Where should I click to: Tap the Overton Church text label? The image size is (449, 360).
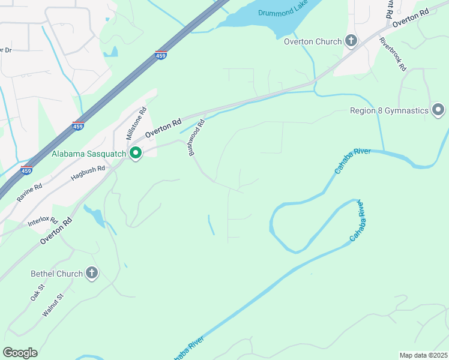click(313, 41)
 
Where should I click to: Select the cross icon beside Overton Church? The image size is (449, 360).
click(351, 41)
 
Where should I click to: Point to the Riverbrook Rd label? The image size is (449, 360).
click(393, 55)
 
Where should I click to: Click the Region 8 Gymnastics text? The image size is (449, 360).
click(390, 110)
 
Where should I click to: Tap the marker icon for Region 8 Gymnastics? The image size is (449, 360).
click(438, 110)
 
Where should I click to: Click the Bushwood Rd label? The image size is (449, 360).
click(197, 138)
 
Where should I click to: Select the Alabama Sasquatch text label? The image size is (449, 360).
click(89, 154)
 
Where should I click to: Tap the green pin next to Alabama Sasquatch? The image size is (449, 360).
click(136, 154)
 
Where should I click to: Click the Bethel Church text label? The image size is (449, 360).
click(56, 274)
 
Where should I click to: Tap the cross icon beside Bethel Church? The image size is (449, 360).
click(92, 274)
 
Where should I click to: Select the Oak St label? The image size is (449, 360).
click(37, 293)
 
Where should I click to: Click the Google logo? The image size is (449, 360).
click(20, 353)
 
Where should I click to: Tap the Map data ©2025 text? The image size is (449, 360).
click(423, 355)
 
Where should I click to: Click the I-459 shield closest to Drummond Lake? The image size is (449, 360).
click(160, 55)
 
